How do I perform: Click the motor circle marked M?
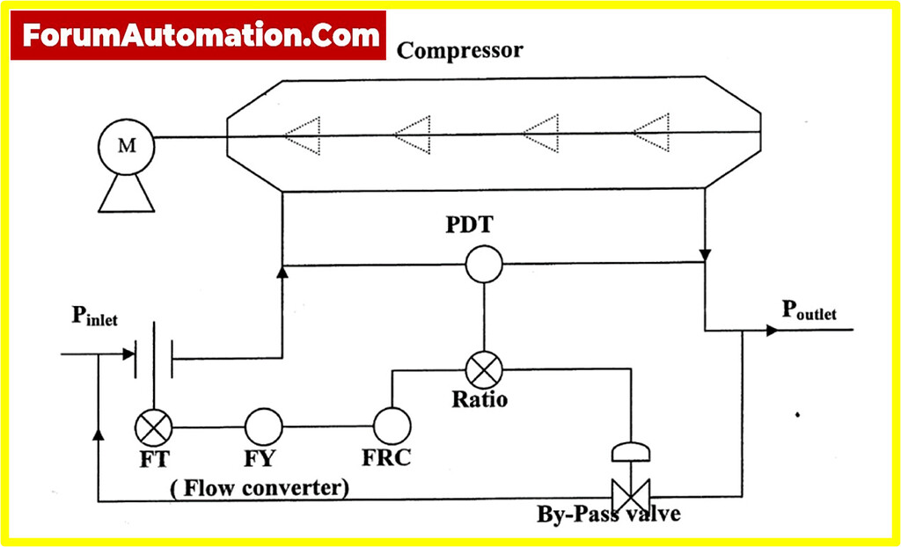tap(127, 145)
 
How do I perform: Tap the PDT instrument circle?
tap(483, 263)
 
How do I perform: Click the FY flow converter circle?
tap(261, 427)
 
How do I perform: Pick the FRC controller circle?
tap(392, 427)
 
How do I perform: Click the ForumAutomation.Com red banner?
tap(199, 35)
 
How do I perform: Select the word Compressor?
tap(459, 50)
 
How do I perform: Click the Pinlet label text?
tap(94, 317)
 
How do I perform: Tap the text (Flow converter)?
tap(260, 486)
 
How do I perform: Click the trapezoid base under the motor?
tap(127, 193)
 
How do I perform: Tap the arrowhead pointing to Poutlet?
tap(772, 331)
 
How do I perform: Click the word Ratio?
tap(480, 399)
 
